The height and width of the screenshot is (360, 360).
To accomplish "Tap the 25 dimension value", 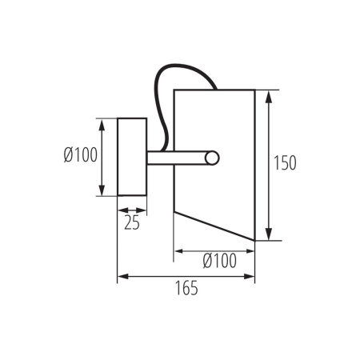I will [132, 223].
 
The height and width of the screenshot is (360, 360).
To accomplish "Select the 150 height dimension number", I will [285, 163].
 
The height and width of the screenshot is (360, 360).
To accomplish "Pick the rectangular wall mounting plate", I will [132, 157].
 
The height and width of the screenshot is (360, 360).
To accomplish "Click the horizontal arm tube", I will [180, 158].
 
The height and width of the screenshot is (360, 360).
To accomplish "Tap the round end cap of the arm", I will [211, 158].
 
